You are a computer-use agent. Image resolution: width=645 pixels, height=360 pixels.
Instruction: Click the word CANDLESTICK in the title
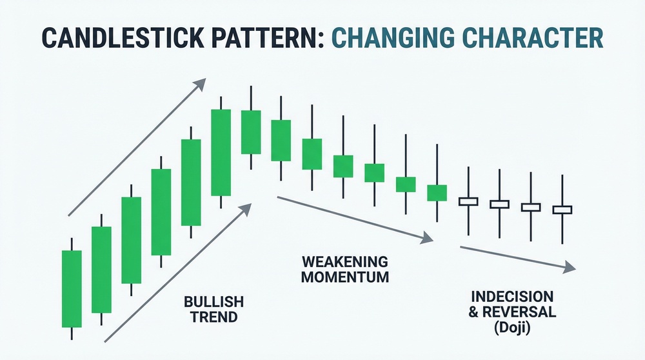tap(123, 37)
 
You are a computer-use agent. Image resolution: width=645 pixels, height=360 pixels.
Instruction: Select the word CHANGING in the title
tap(392, 37)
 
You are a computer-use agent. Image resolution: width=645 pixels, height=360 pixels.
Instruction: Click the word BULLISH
tap(214, 301)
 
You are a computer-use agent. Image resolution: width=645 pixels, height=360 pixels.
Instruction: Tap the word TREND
tap(214, 317)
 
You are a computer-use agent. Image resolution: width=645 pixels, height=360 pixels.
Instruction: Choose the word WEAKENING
tap(344, 261)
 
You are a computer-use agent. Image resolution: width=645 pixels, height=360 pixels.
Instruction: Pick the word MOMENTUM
tap(344, 277)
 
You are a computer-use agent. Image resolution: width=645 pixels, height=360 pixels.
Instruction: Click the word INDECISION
tap(512, 296)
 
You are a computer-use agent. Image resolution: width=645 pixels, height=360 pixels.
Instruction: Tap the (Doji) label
tap(512, 328)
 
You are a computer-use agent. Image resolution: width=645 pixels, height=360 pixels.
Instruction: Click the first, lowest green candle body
tap(72, 289)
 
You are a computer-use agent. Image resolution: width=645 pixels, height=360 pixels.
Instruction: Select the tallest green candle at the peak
tap(221, 153)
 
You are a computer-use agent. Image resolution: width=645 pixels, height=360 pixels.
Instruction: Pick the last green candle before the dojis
tap(437, 193)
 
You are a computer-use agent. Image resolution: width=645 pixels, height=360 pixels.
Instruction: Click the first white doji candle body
tap(468, 201)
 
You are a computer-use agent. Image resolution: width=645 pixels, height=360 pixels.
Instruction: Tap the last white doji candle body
tap(562, 210)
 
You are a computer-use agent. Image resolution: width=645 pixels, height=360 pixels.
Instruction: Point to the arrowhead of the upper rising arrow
tap(201, 83)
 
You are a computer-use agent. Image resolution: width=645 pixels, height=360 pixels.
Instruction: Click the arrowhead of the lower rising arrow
tap(246, 208)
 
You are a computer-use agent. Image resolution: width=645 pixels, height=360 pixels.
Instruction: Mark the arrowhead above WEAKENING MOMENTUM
tap(428, 238)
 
